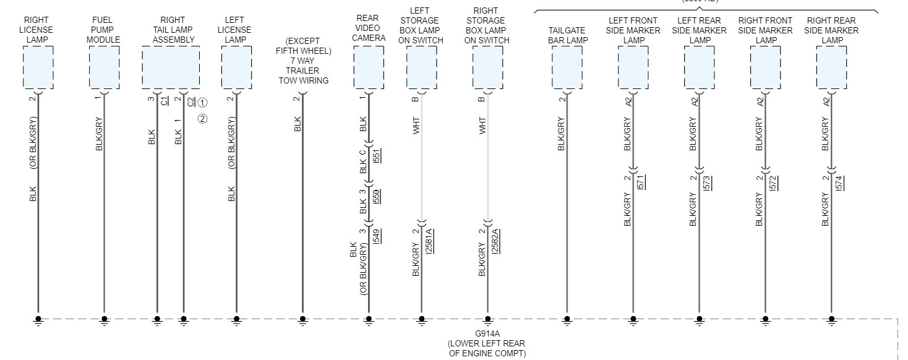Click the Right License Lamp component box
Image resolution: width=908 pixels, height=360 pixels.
38,68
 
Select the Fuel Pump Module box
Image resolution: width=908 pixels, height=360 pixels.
104,68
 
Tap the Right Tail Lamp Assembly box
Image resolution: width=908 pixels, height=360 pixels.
171,68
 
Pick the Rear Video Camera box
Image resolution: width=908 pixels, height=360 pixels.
369,68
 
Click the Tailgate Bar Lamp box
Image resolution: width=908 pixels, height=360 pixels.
567,68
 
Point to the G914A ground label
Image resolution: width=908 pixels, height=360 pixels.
487,335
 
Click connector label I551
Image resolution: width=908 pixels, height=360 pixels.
377,155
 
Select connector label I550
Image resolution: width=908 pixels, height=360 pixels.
377,196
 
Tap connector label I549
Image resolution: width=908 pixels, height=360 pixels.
377,236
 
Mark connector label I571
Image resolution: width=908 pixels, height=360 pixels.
641,182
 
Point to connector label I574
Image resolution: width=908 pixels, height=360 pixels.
839,182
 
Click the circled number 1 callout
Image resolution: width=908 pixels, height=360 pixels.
203,103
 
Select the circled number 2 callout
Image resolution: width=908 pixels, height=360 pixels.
203,119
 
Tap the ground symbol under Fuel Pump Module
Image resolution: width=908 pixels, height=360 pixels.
104,320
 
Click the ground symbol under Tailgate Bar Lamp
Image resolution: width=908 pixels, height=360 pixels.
567,320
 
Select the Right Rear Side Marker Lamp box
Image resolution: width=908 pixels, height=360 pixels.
831,68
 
